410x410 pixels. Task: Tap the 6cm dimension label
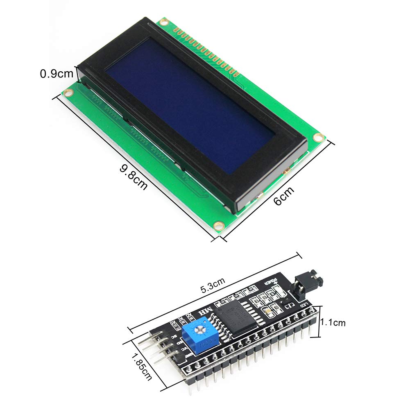284,196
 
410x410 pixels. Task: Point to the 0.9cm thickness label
57,74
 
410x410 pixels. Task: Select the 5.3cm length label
212,284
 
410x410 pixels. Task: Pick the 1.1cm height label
333,323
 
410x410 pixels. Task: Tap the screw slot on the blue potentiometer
199,328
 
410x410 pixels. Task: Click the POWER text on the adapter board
271,281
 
